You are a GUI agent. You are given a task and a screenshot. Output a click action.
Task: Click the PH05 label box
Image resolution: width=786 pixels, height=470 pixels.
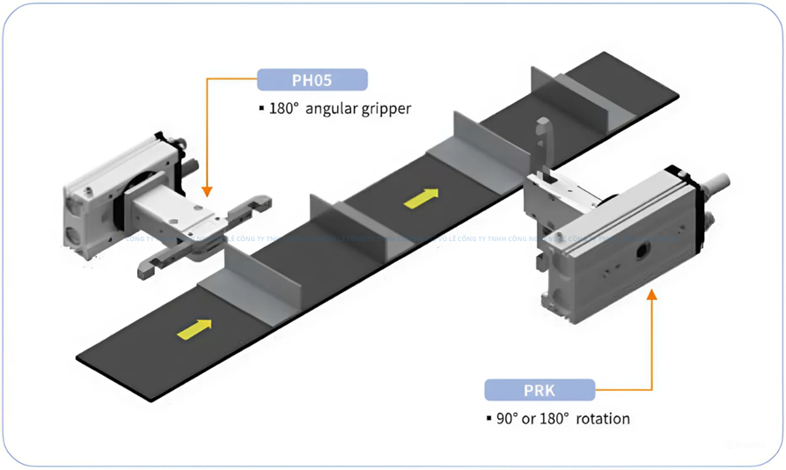pyautogui.click(x=312, y=79)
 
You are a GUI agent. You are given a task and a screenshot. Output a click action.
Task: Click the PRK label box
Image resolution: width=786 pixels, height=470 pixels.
pyautogui.click(x=540, y=389)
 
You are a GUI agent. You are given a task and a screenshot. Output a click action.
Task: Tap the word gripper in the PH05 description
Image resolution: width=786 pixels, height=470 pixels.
pyautogui.click(x=380, y=109)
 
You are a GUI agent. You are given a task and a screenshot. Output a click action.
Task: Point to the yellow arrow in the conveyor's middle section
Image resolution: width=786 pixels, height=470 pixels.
pyautogui.click(x=421, y=198)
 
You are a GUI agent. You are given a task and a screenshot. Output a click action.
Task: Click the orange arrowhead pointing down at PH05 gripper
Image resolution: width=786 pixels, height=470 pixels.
pyautogui.click(x=206, y=188)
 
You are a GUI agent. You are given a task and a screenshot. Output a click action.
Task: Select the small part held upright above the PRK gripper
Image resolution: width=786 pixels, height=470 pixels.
pyautogui.click(x=544, y=138)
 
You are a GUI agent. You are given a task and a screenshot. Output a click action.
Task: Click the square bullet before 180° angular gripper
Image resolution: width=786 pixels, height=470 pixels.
pyautogui.click(x=261, y=110)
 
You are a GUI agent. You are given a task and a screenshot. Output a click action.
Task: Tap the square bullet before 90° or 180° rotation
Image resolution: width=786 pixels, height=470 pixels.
pyautogui.click(x=488, y=419)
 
